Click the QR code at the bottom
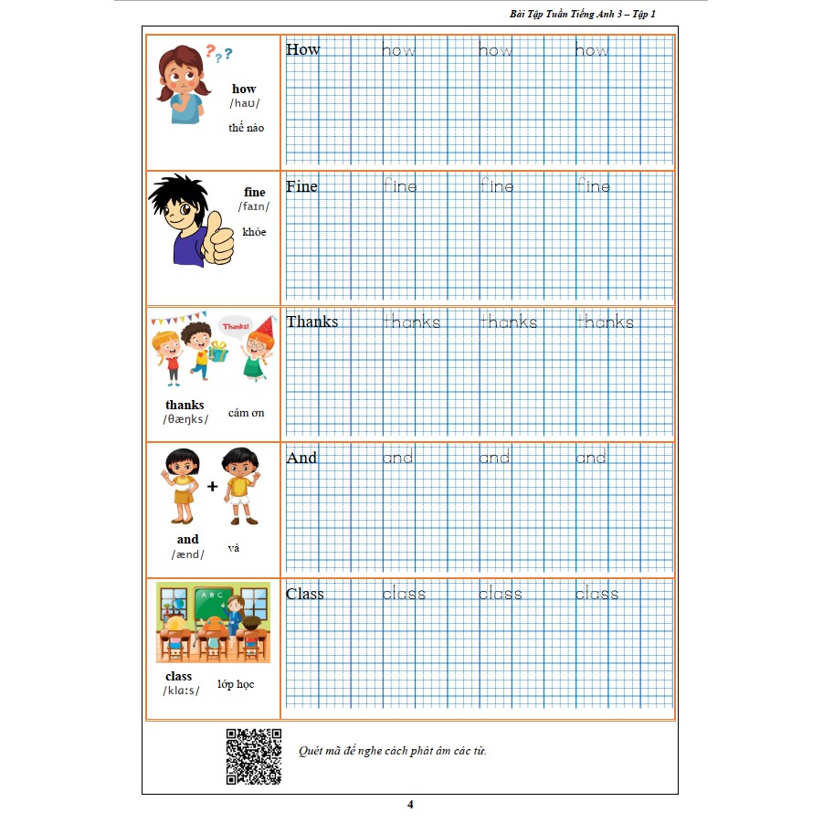(x=253, y=755)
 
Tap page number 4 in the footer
(x=410, y=805)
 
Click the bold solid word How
(x=303, y=49)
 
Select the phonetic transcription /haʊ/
(x=244, y=103)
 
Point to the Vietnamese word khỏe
(x=255, y=232)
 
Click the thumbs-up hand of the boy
(x=217, y=241)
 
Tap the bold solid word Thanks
(x=311, y=322)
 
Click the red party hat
(x=265, y=326)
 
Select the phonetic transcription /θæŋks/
(x=185, y=419)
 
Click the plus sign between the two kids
(x=212, y=486)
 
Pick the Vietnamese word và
(x=233, y=548)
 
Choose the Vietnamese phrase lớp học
(x=237, y=684)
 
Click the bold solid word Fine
(x=301, y=186)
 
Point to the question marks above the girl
(x=217, y=54)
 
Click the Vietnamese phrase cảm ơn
(x=247, y=413)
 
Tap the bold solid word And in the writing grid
(x=301, y=458)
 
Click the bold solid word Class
(x=305, y=594)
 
